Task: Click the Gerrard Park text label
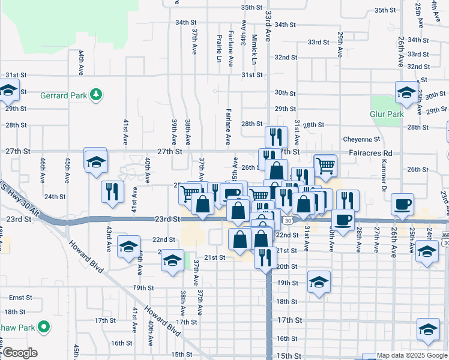click(64, 95)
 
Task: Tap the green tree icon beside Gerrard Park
click(95, 95)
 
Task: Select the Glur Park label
click(387, 114)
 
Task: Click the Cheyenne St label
click(362, 139)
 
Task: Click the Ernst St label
click(20, 298)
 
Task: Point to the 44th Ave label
click(80, 62)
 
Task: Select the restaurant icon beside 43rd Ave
click(113, 191)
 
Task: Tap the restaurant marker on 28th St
click(273, 136)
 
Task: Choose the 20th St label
click(287, 266)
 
